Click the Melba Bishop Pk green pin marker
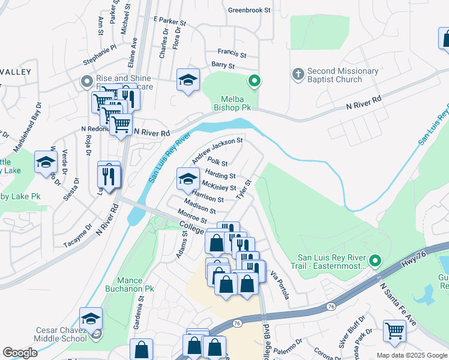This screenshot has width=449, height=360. coord(255,80)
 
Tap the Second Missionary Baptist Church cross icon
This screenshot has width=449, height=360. coord(297,74)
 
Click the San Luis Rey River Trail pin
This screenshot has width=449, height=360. coord(375,260)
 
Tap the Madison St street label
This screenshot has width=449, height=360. coord(200,206)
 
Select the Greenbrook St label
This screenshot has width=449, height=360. coord(250,10)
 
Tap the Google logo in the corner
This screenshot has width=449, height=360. coord(20,353)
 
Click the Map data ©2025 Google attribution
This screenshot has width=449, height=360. coord(412,355)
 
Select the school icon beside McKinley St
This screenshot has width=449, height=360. coord(188,178)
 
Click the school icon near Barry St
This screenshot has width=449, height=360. coord(188,80)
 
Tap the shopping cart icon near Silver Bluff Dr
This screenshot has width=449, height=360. coord(394,331)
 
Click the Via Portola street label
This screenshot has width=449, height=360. coord(280,285)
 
